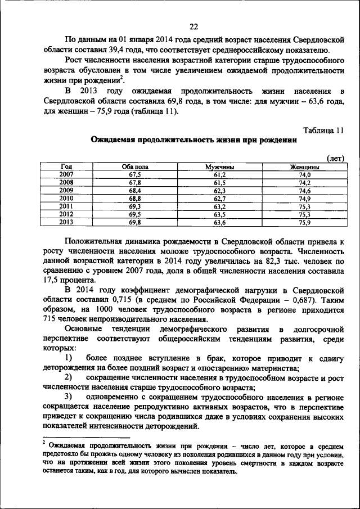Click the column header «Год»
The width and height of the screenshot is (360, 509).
66,167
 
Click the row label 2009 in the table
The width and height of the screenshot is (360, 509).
66,191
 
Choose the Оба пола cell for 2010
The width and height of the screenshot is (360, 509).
135,199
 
